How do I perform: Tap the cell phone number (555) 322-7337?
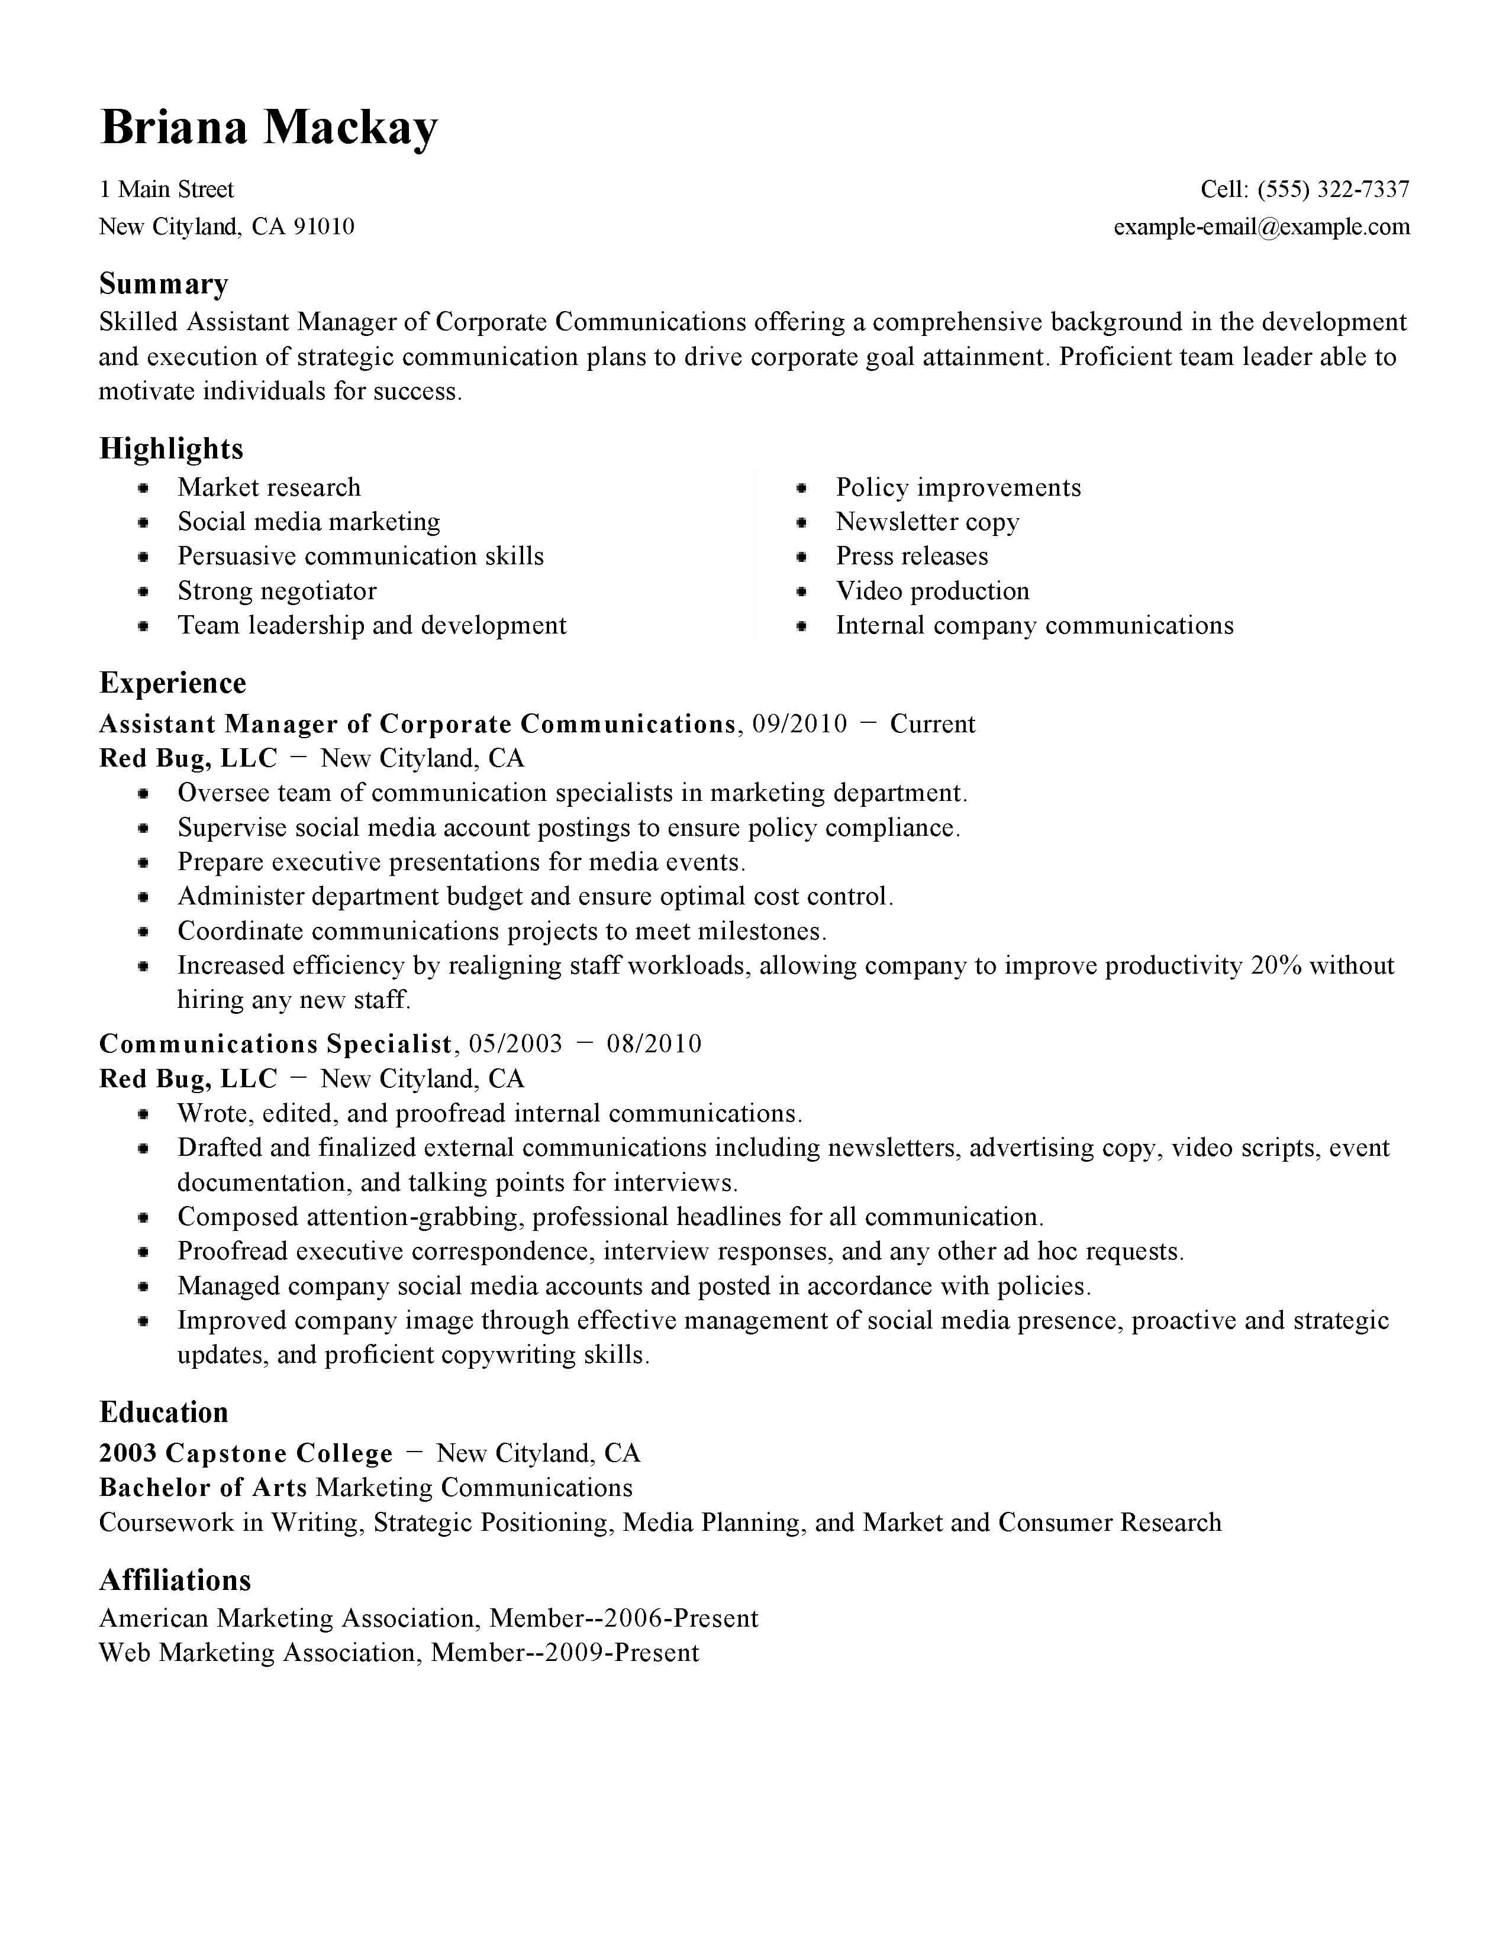(1333, 189)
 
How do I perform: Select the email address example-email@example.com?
(1262, 227)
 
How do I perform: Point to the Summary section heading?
(163, 283)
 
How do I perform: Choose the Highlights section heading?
(171, 449)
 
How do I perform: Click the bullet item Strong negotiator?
(277, 591)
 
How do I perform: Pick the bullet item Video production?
(933, 591)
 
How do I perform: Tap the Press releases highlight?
(912, 556)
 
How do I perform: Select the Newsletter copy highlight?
(927, 522)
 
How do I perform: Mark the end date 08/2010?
(653, 1044)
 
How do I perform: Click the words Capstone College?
(279, 1453)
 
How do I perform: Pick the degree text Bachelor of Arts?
(203, 1487)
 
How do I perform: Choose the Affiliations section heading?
(175, 1580)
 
